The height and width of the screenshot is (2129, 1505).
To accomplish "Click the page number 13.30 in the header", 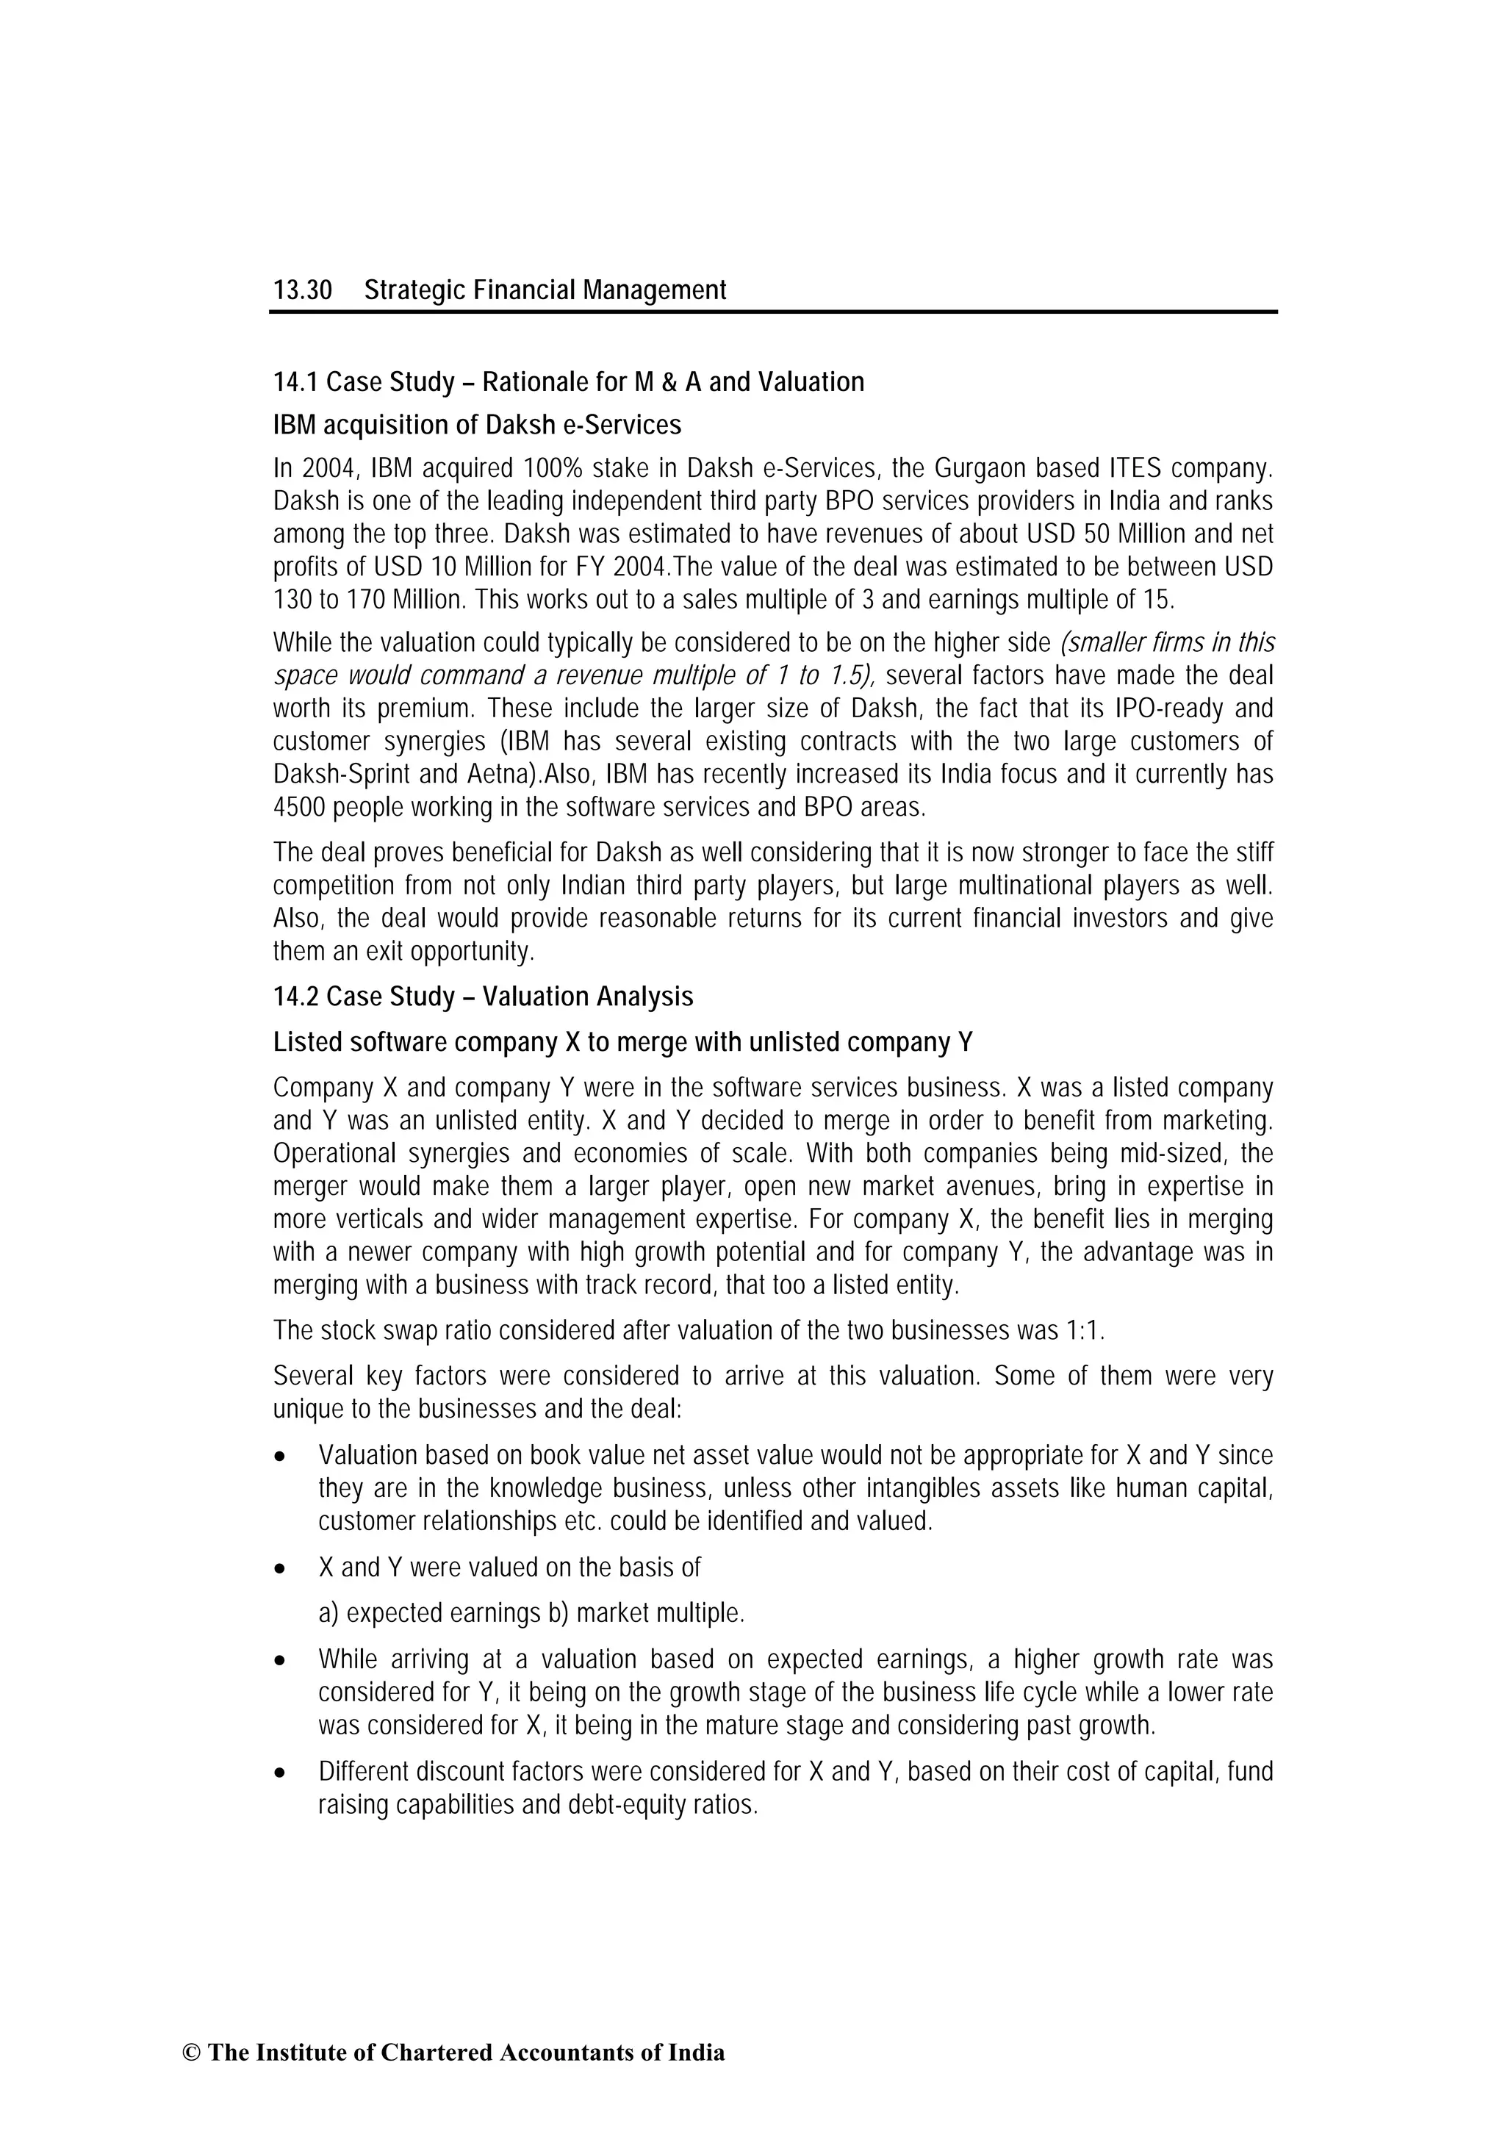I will [301, 290].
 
